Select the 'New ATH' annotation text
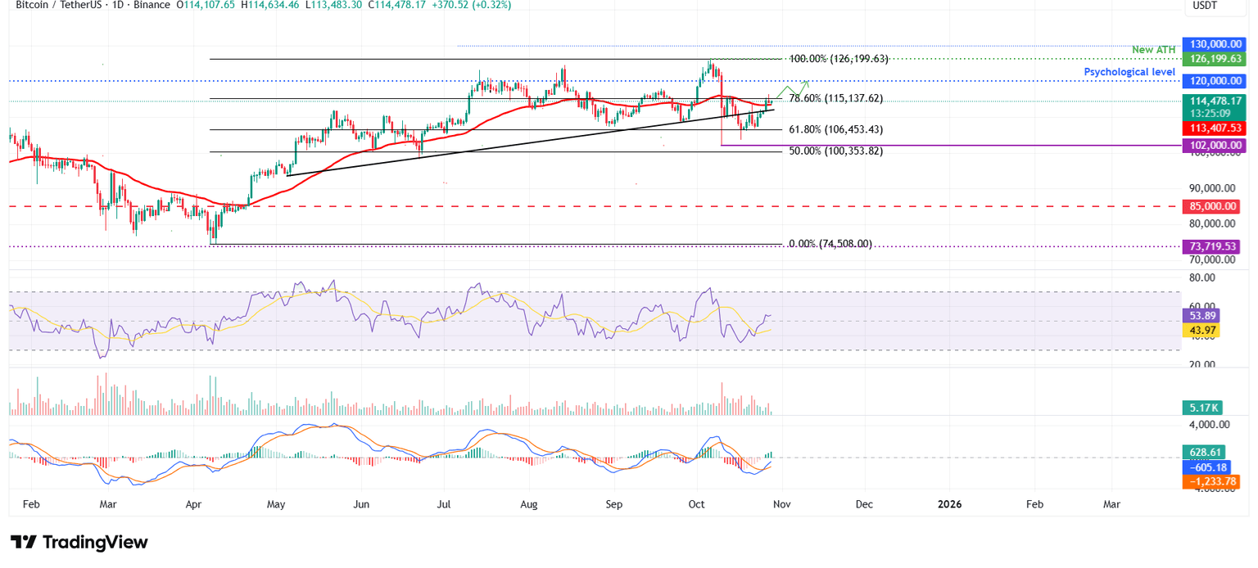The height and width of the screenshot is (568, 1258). click(1153, 50)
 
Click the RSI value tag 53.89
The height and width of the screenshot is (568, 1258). click(1201, 315)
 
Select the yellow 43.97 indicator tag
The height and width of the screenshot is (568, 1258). click(1201, 330)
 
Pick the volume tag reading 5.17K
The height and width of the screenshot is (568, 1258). click(1201, 407)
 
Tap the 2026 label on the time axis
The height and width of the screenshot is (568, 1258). click(950, 504)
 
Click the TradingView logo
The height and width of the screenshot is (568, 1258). click(79, 542)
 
